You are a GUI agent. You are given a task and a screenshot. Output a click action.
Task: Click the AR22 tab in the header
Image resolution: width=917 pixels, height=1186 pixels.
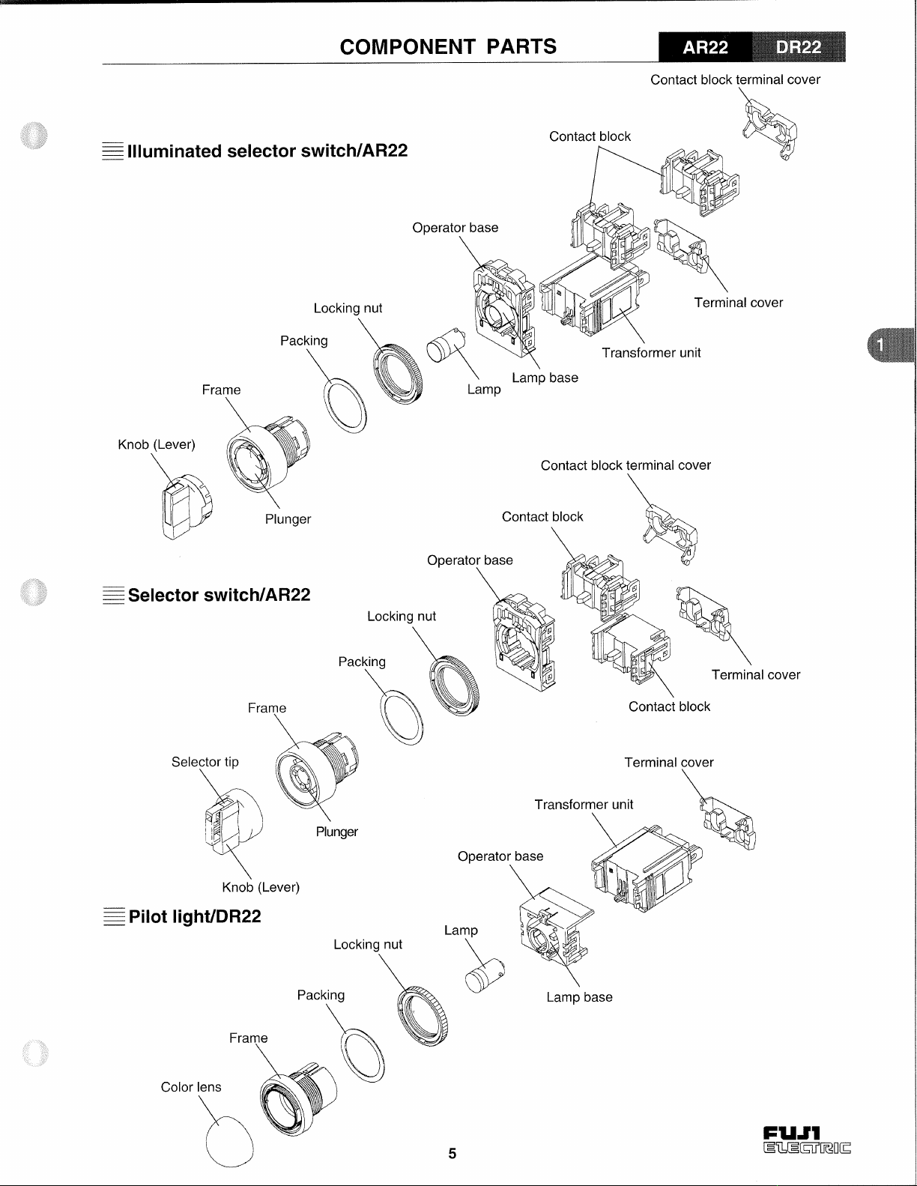[705, 47]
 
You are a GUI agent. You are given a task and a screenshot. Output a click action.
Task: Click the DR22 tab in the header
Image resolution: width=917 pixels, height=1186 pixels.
[799, 47]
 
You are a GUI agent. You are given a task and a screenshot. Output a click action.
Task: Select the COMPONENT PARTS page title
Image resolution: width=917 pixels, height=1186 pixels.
[448, 47]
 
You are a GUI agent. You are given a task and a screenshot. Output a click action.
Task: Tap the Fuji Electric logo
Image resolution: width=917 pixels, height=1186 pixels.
[806, 1140]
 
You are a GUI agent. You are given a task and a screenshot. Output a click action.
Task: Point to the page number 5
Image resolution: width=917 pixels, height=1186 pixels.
[453, 1153]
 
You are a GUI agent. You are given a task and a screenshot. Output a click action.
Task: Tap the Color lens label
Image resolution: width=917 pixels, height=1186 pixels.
[191, 1086]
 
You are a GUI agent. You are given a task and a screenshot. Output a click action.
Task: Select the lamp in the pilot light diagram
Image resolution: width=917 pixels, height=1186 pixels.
[485, 975]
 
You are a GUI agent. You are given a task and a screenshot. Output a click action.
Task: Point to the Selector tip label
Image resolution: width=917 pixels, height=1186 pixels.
[205, 762]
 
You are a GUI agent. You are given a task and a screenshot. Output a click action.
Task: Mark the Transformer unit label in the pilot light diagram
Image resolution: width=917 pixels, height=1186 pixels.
[584, 805]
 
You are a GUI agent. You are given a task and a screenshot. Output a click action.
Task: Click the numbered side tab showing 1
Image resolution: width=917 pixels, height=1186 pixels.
[891, 345]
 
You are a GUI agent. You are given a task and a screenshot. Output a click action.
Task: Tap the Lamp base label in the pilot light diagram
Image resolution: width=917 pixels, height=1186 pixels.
[579, 997]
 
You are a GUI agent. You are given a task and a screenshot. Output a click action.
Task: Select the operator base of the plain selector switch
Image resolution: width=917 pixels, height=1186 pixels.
[524, 644]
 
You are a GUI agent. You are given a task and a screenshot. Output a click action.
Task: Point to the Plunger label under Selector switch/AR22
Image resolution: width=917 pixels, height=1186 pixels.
[336, 832]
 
